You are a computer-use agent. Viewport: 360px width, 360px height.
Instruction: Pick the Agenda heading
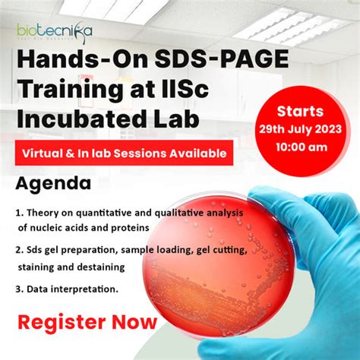(52, 184)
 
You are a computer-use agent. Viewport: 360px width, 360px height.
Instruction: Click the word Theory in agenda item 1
(46, 213)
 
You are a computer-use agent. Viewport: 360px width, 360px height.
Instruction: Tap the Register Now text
(87, 322)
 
